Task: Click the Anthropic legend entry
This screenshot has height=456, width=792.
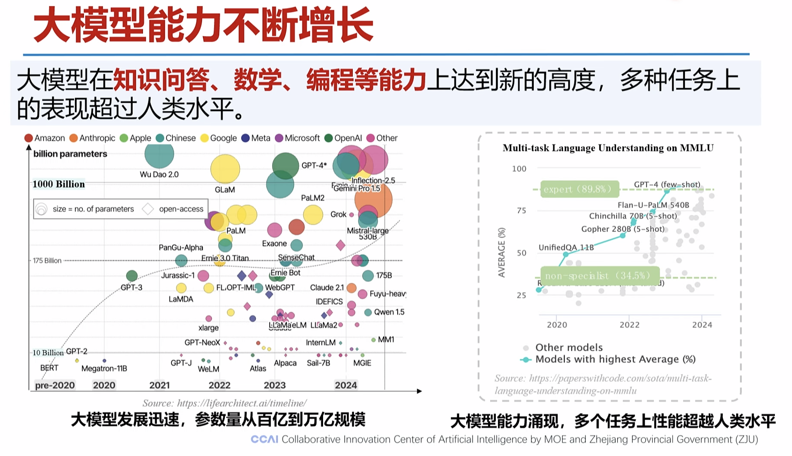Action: click(92, 138)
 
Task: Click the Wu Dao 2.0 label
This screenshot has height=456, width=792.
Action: click(159, 174)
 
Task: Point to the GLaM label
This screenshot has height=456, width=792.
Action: click(225, 190)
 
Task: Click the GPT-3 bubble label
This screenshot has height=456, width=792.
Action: click(132, 287)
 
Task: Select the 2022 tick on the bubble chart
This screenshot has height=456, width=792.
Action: click(220, 385)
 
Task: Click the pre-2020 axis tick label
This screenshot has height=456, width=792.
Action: click(55, 385)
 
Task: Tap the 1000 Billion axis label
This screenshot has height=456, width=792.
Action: click(59, 184)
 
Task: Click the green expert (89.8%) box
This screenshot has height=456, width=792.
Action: click(579, 189)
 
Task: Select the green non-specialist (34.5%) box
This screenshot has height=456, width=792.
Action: click(599, 276)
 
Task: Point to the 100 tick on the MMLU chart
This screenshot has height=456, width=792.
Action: click(519, 169)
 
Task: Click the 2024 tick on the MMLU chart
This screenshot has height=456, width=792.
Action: click(702, 325)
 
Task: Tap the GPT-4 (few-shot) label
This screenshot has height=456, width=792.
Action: click(667, 184)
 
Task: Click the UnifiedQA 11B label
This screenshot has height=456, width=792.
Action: click(566, 247)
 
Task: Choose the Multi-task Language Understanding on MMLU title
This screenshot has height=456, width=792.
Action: click(608, 148)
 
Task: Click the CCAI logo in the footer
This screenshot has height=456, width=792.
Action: click(264, 439)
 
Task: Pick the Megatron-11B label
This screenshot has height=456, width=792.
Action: click(104, 368)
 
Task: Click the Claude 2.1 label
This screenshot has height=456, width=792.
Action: click(327, 287)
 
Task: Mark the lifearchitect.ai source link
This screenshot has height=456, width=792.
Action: click(224, 403)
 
